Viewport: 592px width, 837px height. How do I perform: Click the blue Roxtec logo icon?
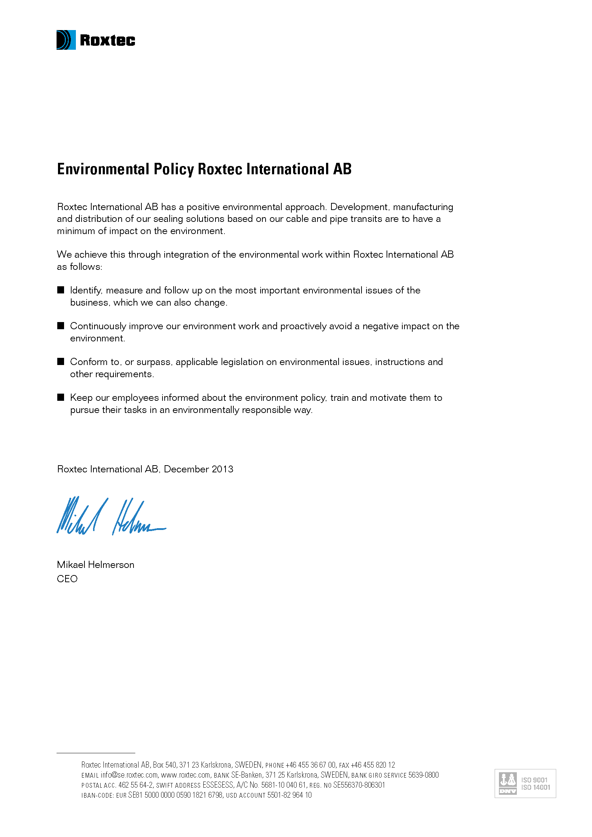pos(66,40)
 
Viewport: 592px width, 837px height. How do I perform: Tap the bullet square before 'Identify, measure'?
pos(61,290)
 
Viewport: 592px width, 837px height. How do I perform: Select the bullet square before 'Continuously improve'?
pos(61,326)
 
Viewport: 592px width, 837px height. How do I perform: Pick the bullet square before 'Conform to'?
pos(61,361)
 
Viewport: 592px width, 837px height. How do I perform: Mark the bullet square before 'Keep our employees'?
pos(61,397)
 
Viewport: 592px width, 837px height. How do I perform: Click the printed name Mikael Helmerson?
pos(96,565)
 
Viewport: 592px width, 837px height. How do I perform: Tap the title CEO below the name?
pos(67,579)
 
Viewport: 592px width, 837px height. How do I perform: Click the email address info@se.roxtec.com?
pos(130,775)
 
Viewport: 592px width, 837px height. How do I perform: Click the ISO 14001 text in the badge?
pos(535,787)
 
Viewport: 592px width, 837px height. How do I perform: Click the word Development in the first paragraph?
pos(359,207)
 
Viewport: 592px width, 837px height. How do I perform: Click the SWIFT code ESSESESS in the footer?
pos(218,785)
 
